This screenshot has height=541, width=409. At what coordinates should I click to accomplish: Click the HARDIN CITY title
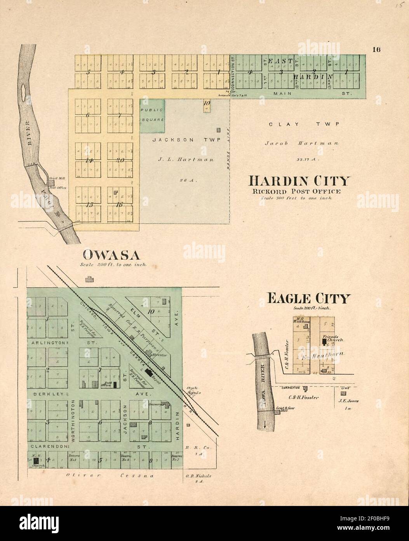pos(299,181)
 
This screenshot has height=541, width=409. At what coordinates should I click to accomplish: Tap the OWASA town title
pos(111,255)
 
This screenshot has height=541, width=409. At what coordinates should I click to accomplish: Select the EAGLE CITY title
pos(308,299)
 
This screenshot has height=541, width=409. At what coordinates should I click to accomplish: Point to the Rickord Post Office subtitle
pos(296,191)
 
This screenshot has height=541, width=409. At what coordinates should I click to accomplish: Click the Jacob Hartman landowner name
pos(301,143)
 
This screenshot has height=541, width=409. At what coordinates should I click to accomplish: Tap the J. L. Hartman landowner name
pos(186,159)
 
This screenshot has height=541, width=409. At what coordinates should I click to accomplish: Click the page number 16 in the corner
pos(376,49)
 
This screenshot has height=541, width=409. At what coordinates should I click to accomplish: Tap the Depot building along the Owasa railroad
pos(148,372)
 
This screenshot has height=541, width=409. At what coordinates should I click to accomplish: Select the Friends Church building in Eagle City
pos(324,342)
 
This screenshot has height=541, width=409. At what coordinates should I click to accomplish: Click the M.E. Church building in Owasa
pos(36,460)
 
